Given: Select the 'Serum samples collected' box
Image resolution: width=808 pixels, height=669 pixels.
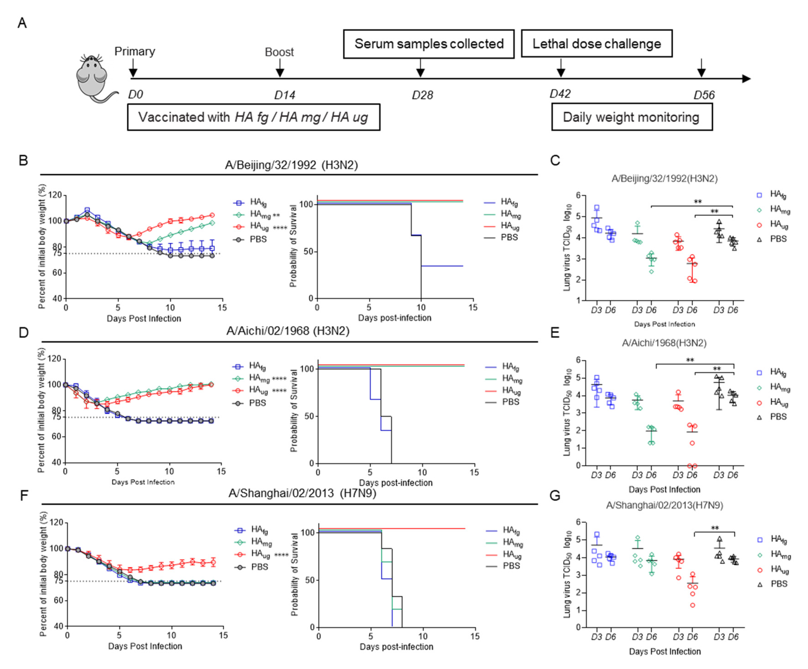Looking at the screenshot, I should pos(429,44).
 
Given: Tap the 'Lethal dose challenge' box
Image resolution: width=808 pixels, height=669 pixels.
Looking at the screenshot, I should pos(596,44).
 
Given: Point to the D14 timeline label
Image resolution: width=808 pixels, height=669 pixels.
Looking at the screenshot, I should pos(285,95).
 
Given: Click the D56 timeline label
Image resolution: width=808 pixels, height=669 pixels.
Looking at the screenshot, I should pos(704,95).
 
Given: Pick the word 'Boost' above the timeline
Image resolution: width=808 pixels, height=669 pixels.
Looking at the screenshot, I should pos(279,52).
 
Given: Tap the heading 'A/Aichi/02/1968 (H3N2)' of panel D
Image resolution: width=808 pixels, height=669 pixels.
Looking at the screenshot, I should pos(288,331).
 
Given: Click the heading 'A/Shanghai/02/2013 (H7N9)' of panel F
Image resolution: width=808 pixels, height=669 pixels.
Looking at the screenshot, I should pos(302,493).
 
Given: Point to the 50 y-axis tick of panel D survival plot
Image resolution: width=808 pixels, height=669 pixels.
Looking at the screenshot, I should pos(309,416).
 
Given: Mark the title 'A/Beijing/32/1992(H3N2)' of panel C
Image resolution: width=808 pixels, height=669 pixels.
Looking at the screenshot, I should pos(664,178).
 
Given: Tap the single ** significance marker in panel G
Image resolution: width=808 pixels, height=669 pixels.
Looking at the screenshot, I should pos(715,528).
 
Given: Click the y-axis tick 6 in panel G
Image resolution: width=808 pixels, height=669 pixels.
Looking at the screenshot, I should pos(578,522).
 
